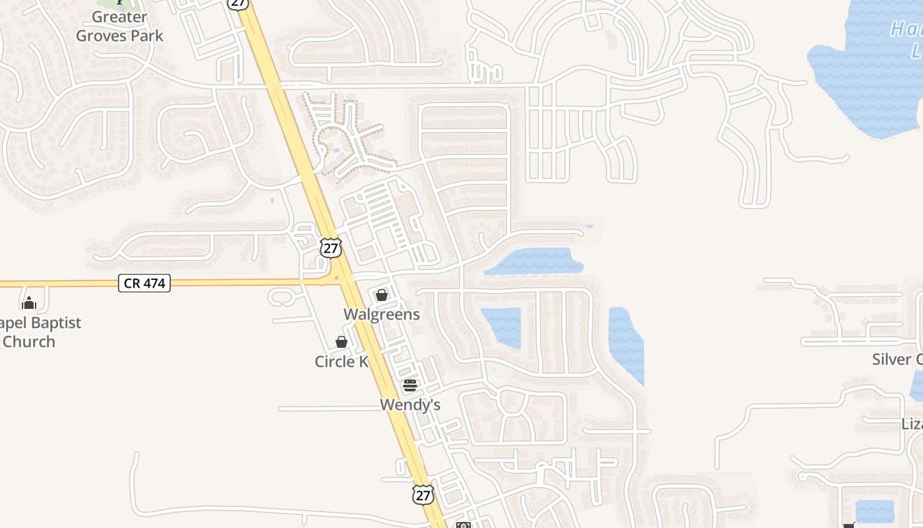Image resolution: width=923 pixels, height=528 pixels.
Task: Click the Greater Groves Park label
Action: click(119, 26)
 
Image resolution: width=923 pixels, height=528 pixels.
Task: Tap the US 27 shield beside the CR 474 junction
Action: click(331, 248)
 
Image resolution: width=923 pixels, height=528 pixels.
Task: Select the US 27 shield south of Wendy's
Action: click(423, 494)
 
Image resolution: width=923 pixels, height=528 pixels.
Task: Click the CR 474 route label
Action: click(145, 284)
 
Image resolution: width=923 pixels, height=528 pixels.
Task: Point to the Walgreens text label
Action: click(382, 314)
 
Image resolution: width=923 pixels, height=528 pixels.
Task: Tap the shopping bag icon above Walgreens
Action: click(382, 295)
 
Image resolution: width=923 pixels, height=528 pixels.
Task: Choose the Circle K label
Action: click(342, 361)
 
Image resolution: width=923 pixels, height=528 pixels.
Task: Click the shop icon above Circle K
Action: click(342, 342)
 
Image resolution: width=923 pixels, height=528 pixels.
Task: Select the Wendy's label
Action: click(410, 405)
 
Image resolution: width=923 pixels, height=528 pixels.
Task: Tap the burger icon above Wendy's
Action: click(410, 385)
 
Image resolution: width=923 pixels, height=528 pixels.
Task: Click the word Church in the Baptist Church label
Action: click(29, 341)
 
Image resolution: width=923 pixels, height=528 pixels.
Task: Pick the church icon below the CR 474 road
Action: click(29, 303)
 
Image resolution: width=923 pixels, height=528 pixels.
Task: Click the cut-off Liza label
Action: click(911, 424)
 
